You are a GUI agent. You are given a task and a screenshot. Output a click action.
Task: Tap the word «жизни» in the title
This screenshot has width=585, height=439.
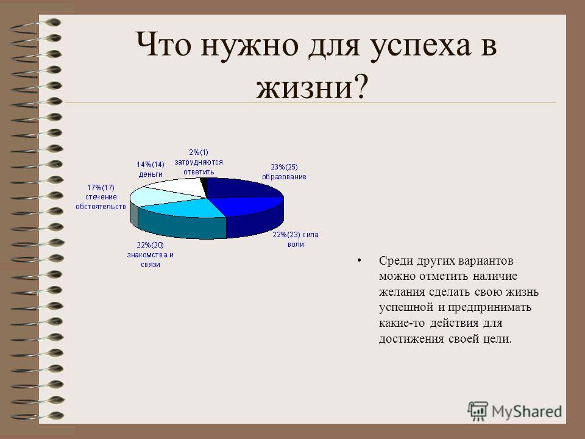click(x=304, y=88)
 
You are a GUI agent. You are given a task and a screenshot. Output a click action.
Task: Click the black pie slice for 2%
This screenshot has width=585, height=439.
click(x=204, y=185)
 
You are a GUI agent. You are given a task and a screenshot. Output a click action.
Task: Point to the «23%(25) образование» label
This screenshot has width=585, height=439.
click(x=284, y=172)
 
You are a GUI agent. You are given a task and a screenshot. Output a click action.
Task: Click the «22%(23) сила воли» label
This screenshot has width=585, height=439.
click(x=296, y=240)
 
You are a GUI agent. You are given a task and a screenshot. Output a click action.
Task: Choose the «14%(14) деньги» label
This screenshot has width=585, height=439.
click(x=151, y=169)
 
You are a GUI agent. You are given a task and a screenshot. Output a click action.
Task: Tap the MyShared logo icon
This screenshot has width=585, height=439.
click(x=478, y=412)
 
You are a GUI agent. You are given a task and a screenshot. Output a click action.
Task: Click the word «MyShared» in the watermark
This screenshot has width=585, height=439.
click(x=526, y=412)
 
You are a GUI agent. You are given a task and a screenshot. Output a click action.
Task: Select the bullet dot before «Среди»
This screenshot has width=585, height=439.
click(x=360, y=260)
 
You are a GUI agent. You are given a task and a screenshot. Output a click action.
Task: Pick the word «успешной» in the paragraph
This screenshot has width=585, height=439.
click(x=406, y=308)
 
